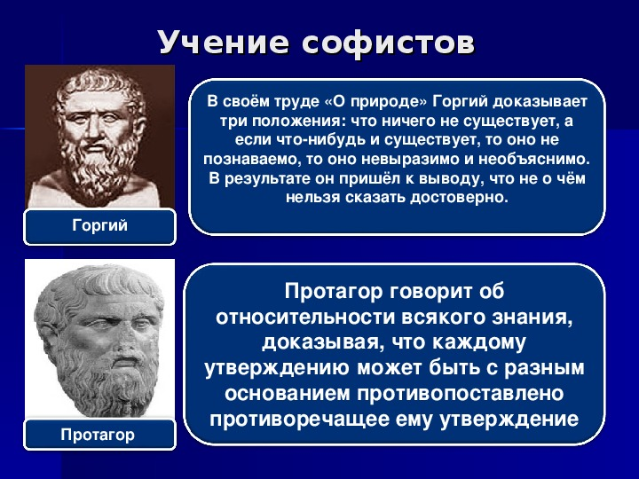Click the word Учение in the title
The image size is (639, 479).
click(224, 43)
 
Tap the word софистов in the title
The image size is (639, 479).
click(389, 43)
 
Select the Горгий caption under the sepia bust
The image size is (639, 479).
click(99, 225)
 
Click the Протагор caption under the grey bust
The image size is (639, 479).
click(98, 435)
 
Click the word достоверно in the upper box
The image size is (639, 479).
click(459, 198)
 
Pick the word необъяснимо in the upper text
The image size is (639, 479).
click(534, 159)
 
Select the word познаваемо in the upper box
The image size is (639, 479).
click(251, 160)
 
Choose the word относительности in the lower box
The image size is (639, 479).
click(305, 318)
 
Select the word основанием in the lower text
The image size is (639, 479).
click(288, 394)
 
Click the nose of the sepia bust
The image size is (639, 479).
click(96, 130)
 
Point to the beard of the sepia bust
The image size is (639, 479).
click(98, 171)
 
